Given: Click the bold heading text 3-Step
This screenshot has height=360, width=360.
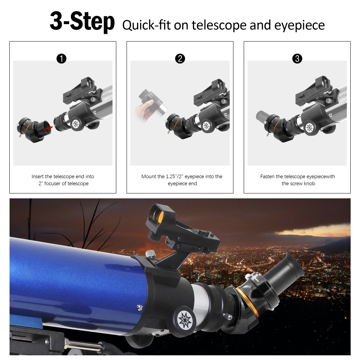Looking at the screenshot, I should [82, 22].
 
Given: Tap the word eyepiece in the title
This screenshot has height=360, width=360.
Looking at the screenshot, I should [300, 25].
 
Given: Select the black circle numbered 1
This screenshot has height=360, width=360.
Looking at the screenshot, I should [62, 59].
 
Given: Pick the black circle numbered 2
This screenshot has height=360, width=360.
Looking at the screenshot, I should [180, 59].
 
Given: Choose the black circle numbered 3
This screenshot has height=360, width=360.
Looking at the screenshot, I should [297, 59].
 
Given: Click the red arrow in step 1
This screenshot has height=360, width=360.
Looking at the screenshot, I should [48, 126].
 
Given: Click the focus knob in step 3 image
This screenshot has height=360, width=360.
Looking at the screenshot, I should [309, 128].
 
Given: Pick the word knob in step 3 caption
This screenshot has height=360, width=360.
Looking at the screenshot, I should [310, 184].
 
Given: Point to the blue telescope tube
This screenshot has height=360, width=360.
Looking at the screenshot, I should [72, 281].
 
